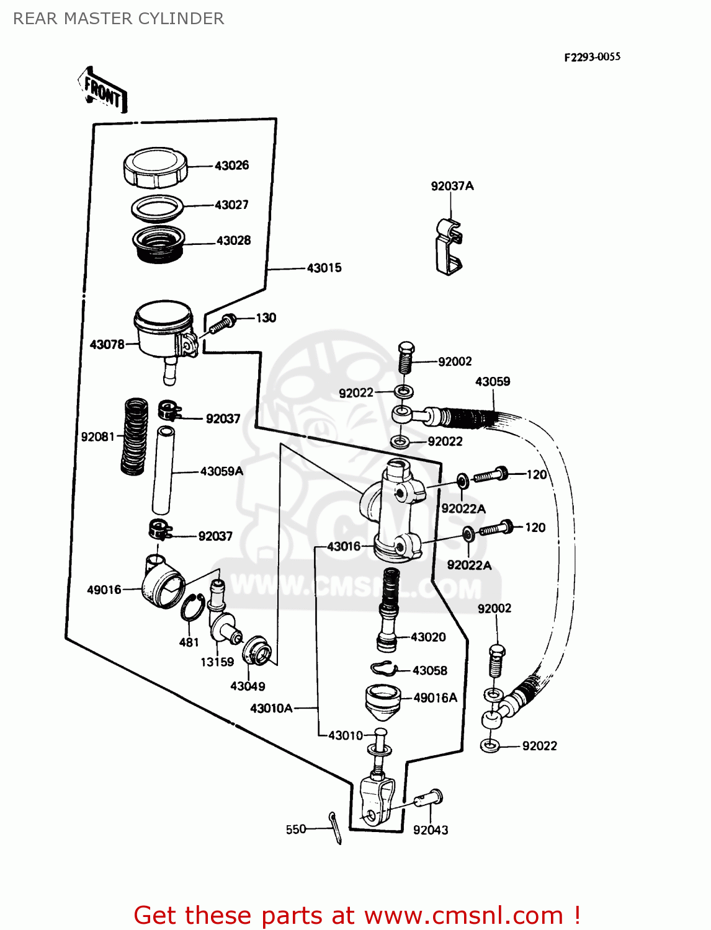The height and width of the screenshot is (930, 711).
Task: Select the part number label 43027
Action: click(231, 205)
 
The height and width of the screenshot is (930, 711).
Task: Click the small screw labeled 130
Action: click(223, 323)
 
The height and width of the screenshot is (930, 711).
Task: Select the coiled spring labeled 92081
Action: click(134, 437)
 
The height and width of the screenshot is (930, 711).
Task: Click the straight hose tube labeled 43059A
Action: click(163, 471)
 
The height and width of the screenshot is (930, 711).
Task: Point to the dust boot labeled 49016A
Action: click(382, 701)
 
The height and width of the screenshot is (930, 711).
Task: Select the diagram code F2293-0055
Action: click(592, 57)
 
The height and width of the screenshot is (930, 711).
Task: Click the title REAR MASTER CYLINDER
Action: click(118, 19)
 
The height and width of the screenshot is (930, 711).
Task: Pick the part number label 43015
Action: click(324, 268)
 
